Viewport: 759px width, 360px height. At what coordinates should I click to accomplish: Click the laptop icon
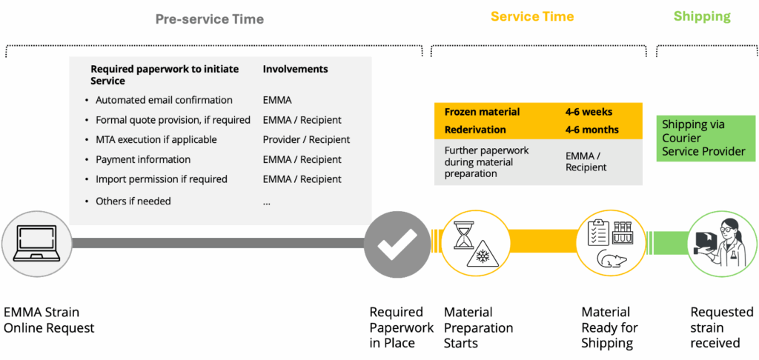click(x=36, y=242)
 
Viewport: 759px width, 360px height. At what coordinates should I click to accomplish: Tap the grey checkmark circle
click(x=397, y=244)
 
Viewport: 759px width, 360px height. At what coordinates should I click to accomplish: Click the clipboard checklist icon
click(x=598, y=233)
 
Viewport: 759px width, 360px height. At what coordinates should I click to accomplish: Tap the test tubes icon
click(x=623, y=233)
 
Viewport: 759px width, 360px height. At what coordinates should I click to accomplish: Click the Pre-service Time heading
click(x=210, y=19)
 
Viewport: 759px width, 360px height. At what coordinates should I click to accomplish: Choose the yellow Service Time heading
click(x=532, y=16)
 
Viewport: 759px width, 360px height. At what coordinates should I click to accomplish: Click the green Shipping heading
click(x=702, y=16)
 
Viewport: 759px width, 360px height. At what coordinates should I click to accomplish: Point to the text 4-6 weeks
click(x=589, y=112)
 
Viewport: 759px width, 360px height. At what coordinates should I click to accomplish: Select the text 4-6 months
click(x=591, y=130)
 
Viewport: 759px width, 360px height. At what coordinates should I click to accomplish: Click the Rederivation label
click(x=475, y=130)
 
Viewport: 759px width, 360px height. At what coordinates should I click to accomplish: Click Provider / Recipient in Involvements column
click(x=306, y=140)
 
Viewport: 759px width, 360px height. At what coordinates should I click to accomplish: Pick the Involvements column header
click(x=295, y=69)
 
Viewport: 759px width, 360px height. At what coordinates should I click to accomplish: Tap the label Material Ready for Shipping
click(x=608, y=327)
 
